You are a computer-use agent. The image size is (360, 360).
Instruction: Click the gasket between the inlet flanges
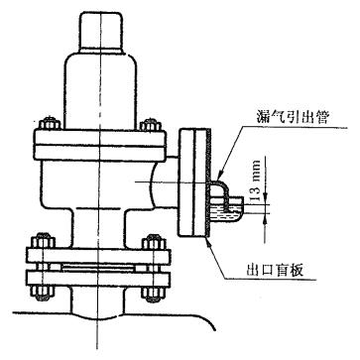(99, 267)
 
